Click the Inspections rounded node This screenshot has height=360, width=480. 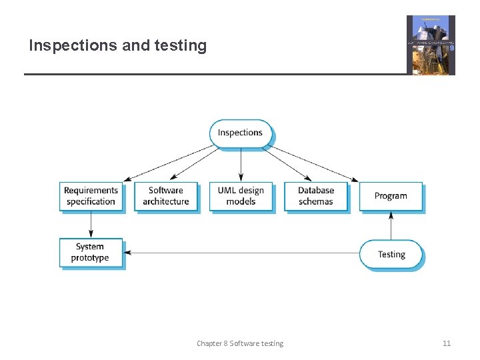pyautogui.click(x=241, y=133)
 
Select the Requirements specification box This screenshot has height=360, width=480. pyautogui.click(x=91, y=196)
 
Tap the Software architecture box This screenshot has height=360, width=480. pyautogui.click(x=166, y=196)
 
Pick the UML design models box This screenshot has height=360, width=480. pyautogui.click(x=241, y=196)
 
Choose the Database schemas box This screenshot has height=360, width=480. pyautogui.click(x=316, y=196)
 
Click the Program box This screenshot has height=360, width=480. pyautogui.click(x=391, y=196)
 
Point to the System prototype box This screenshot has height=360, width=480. pyautogui.click(x=91, y=253)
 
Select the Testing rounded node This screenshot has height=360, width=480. pyautogui.click(x=391, y=254)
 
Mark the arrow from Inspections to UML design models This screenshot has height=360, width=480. pyautogui.click(x=241, y=164)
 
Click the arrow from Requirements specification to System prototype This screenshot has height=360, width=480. pyautogui.click(x=91, y=225)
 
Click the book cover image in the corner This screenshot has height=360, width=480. pyautogui.click(x=431, y=45)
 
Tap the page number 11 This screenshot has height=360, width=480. pyautogui.click(x=447, y=343)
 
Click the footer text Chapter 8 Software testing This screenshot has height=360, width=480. pyautogui.click(x=240, y=343)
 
